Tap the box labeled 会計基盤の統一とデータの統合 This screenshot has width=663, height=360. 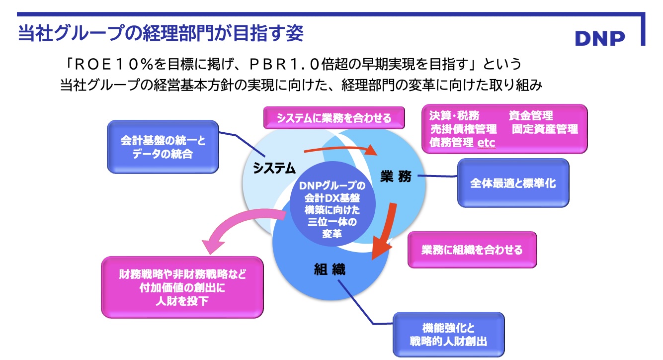163,147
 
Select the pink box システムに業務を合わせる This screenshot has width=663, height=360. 334,118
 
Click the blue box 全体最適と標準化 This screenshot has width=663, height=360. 513,182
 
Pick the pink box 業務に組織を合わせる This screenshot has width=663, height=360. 472,250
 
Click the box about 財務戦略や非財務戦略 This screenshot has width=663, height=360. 182,287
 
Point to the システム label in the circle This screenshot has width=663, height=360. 274,168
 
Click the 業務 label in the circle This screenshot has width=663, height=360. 396,176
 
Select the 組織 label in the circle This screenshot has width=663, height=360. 329,270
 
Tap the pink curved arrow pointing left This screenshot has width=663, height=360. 239,229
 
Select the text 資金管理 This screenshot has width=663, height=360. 530,116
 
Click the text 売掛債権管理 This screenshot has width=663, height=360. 464,129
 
